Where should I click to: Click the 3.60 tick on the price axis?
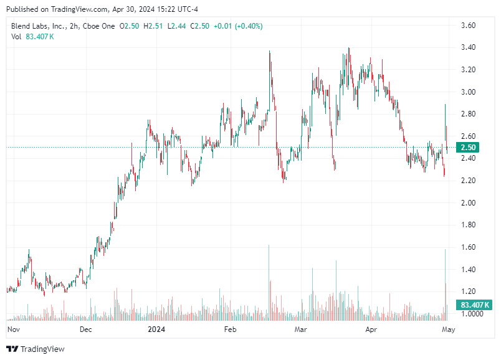tap(468, 26)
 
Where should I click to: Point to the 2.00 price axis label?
tap(468, 203)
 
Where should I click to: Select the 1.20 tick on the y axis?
tap(468, 291)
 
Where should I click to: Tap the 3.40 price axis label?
tap(468, 47)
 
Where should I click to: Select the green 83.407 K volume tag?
tap(474, 305)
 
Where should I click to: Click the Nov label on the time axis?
tap(13, 329)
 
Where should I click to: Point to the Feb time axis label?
tap(231, 329)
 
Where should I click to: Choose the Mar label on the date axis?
tap(302, 329)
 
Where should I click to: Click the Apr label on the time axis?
tap(372, 329)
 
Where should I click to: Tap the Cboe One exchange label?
tap(100, 26)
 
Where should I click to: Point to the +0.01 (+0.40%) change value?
tap(238, 26)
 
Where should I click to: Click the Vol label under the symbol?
tap(17, 36)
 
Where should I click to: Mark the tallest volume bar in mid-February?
tap(269, 280)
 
